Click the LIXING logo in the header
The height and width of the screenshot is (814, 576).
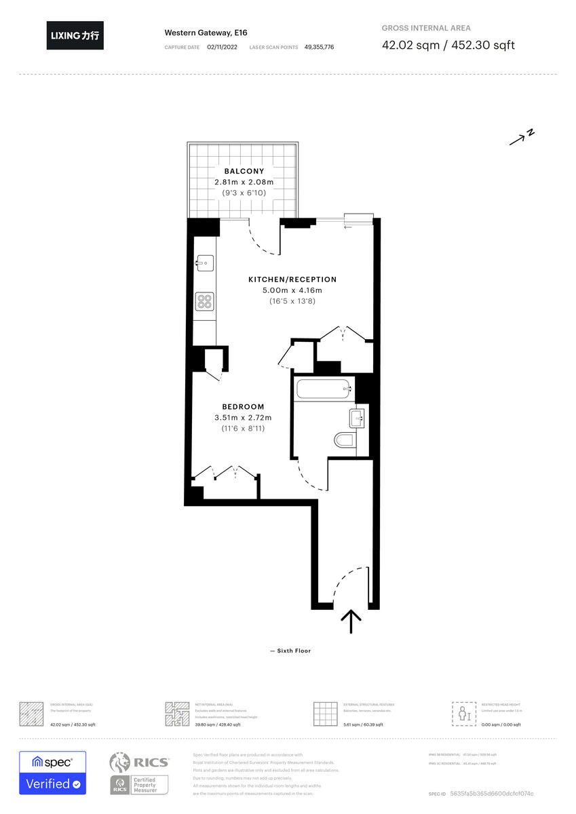click(75, 35)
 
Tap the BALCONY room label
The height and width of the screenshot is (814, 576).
click(244, 172)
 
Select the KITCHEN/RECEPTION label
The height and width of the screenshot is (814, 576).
click(292, 279)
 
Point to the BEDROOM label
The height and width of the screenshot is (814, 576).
click(242, 407)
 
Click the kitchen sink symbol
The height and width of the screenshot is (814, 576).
click(204, 262)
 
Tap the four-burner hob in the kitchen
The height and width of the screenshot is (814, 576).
click(204, 301)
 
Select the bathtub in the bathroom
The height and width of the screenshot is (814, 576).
click(324, 390)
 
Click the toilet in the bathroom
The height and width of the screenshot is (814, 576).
click(345, 440)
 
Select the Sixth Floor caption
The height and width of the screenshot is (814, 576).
click(290, 651)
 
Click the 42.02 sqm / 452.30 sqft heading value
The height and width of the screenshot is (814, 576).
click(448, 45)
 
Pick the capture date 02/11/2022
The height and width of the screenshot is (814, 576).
click(223, 47)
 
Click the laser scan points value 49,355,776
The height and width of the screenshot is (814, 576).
click(319, 47)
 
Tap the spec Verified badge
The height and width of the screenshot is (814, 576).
click(52, 773)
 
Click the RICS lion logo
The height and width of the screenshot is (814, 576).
click(119, 763)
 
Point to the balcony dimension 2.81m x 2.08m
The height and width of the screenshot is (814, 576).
click(244, 182)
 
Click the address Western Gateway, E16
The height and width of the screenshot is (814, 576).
click(197, 33)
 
